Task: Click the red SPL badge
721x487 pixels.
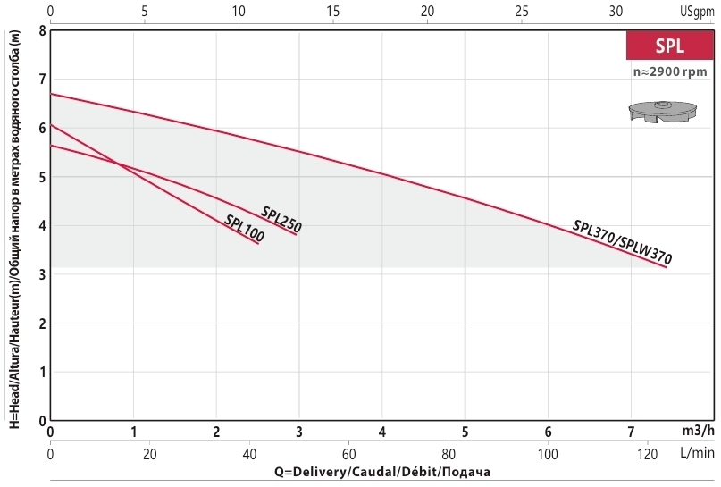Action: pos(670,46)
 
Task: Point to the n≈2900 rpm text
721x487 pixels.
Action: pos(670,71)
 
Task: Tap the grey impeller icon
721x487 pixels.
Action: pos(663,112)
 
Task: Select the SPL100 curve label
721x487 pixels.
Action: pos(244,228)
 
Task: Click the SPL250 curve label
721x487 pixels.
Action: pos(281,219)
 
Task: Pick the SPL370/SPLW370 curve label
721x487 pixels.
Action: pos(622,242)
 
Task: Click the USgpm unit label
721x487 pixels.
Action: pos(697,12)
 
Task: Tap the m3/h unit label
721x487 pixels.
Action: pos(698,431)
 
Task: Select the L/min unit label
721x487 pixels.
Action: pos(697,453)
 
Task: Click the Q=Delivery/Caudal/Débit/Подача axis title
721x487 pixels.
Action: pos(382,472)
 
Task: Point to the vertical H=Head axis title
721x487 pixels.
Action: pos(15,230)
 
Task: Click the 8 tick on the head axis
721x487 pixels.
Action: pos(42,31)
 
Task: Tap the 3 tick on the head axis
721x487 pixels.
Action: pos(42,274)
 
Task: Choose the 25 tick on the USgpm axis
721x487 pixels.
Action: pos(522,11)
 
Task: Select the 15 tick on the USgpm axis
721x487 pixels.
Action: pos(333,11)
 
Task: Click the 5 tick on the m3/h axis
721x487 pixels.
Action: pos(465,432)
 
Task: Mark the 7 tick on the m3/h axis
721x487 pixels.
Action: pos(631,432)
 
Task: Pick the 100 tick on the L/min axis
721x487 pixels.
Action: pos(548,454)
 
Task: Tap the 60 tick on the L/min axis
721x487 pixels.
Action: pos(349,454)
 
